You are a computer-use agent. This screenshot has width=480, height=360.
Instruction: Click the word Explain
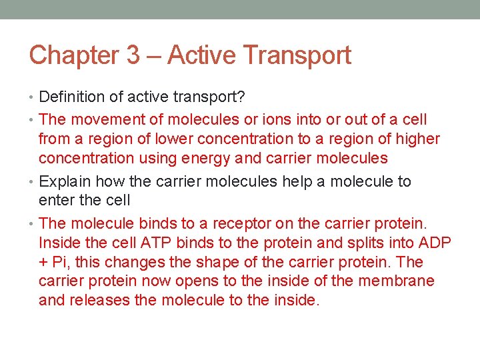coord(65,181)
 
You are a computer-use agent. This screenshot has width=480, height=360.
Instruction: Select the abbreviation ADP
coord(433,242)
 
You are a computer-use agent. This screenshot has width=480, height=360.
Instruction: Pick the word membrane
coord(396,281)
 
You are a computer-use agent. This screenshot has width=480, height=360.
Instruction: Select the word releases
coord(99,300)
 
